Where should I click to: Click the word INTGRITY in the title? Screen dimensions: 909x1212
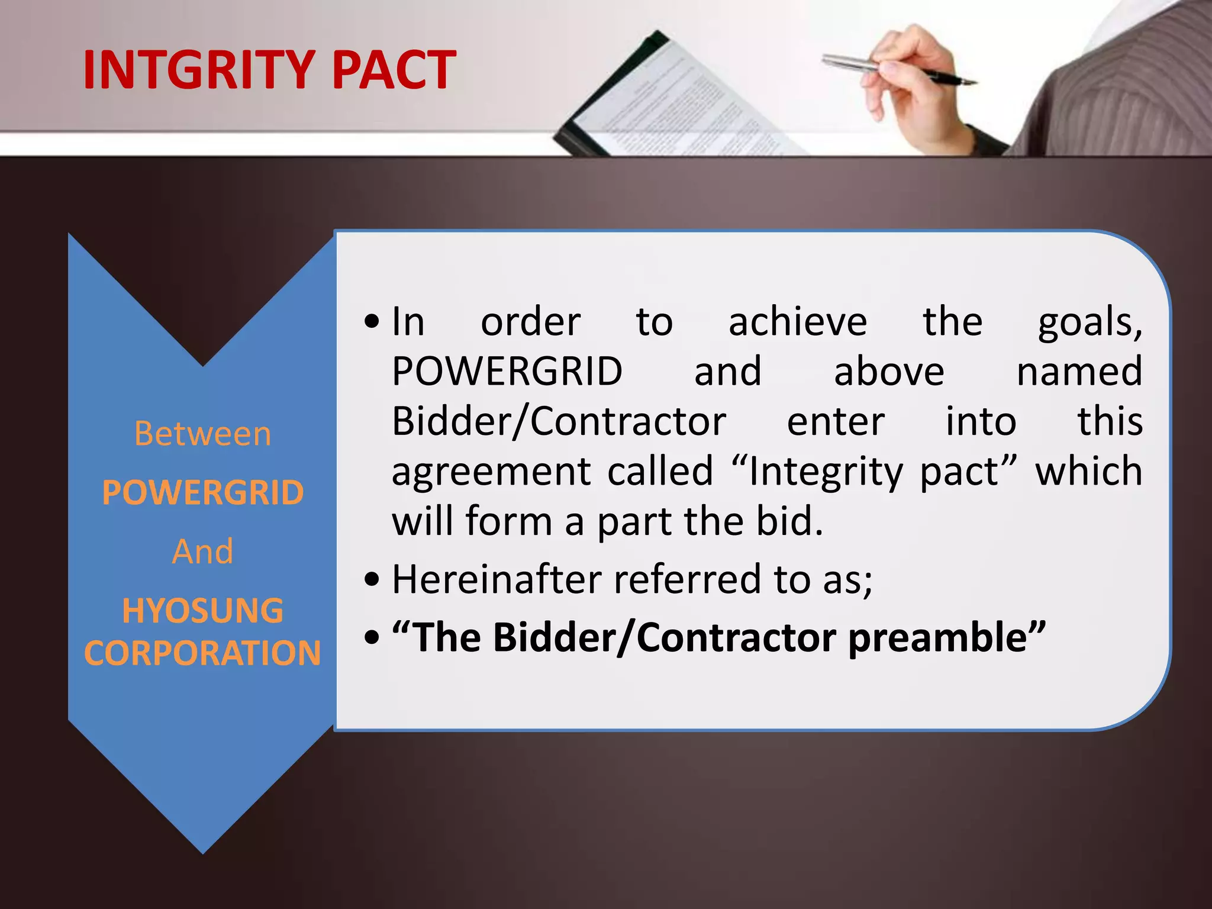click(x=198, y=70)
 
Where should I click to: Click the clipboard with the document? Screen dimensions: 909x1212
click(x=669, y=101)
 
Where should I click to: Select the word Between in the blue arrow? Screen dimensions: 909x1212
click(x=202, y=434)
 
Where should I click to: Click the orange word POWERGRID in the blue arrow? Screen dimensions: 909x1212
click(x=202, y=492)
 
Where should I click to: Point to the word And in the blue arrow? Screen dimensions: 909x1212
click(x=202, y=552)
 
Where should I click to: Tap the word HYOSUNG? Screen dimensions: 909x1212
click(x=202, y=611)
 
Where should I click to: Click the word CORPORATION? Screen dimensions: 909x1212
click(x=202, y=653)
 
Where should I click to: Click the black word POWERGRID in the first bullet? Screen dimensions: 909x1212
click(x=507, y=372)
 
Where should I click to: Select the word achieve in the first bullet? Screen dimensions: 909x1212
click(x=797, y=323)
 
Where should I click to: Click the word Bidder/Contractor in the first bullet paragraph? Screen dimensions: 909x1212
click(x=559, y=422)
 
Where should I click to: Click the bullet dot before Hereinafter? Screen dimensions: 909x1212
click(x=372, y=580)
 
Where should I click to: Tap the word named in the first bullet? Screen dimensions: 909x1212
click(x=1079, y=372)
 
